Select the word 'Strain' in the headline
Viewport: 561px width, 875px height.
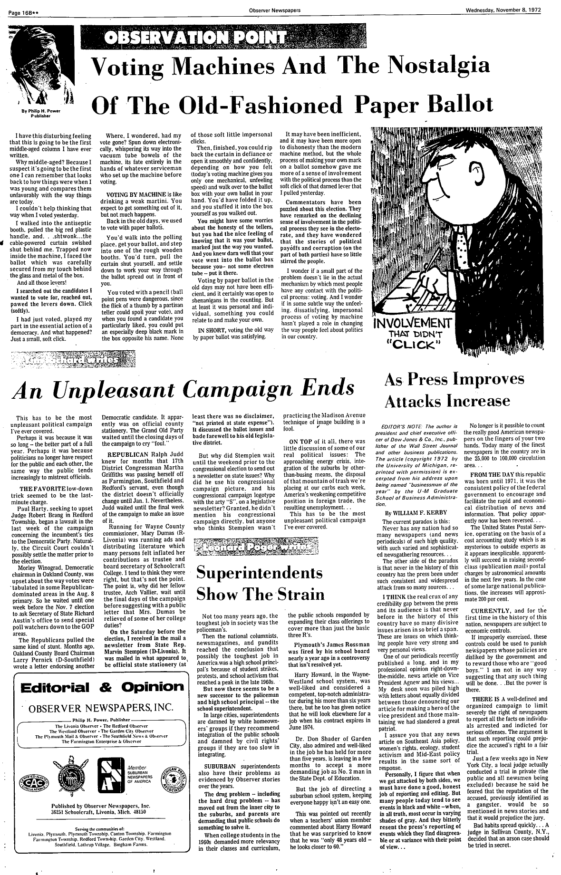(x=298, y=595)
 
